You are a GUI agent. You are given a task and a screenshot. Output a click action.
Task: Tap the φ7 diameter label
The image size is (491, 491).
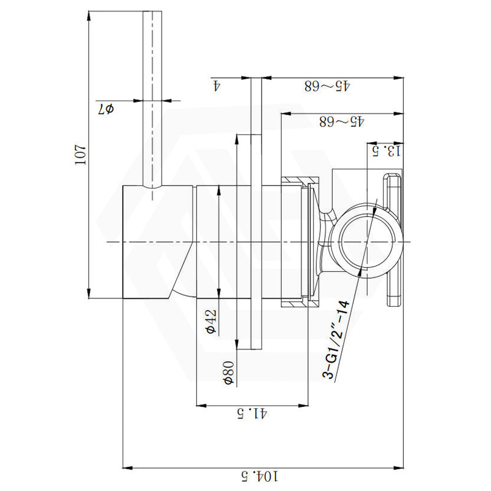pyautogui.click(x=106, y=110)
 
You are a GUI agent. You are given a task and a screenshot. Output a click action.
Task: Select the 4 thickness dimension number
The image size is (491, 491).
pyautogui.click(x=216, y=85)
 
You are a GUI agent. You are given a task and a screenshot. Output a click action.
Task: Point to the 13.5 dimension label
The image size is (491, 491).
pyautogui.click(x=387, y=149)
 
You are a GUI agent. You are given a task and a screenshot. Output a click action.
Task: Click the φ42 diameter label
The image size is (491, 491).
pyautogui.click(x=211, y=322)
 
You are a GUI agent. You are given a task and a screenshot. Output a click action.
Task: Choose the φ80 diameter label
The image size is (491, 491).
pyautogui.click(x=228, y=373)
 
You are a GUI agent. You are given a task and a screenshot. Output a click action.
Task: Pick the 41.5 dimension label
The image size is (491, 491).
pyautogui.click(x=252, y=414)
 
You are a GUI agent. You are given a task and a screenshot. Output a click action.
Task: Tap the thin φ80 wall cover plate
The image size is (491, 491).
pyautogui.click(x=257, y=215)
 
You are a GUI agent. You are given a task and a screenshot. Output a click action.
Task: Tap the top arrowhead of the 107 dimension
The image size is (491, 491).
pyautogui.click(x=90, y=13)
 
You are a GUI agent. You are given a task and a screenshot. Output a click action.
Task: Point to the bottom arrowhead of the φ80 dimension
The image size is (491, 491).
pyautogui.click(x=236, y=346)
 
